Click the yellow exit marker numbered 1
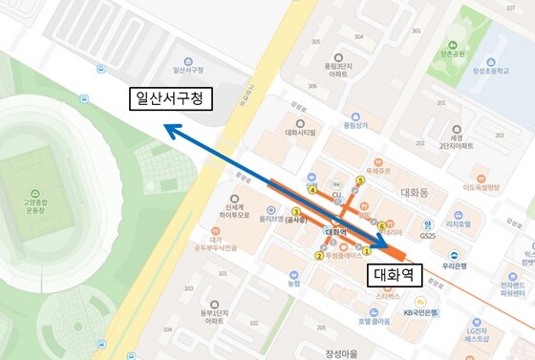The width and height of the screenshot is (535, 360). coord(366,251)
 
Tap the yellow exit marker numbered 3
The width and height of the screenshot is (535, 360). coord(296,212)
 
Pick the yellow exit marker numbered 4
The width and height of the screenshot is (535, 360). coord(311,189)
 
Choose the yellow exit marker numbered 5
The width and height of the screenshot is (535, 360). coord(360,180)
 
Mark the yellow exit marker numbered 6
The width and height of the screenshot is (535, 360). coord(381,226)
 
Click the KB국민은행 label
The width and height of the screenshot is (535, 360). coord(421,312)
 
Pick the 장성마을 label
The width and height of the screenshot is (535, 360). coord(342,353)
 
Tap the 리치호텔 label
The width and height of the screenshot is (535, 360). coord(461,224)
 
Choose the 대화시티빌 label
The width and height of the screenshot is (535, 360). coord(302,134)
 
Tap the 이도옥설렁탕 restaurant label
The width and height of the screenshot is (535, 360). coord(481,188)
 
